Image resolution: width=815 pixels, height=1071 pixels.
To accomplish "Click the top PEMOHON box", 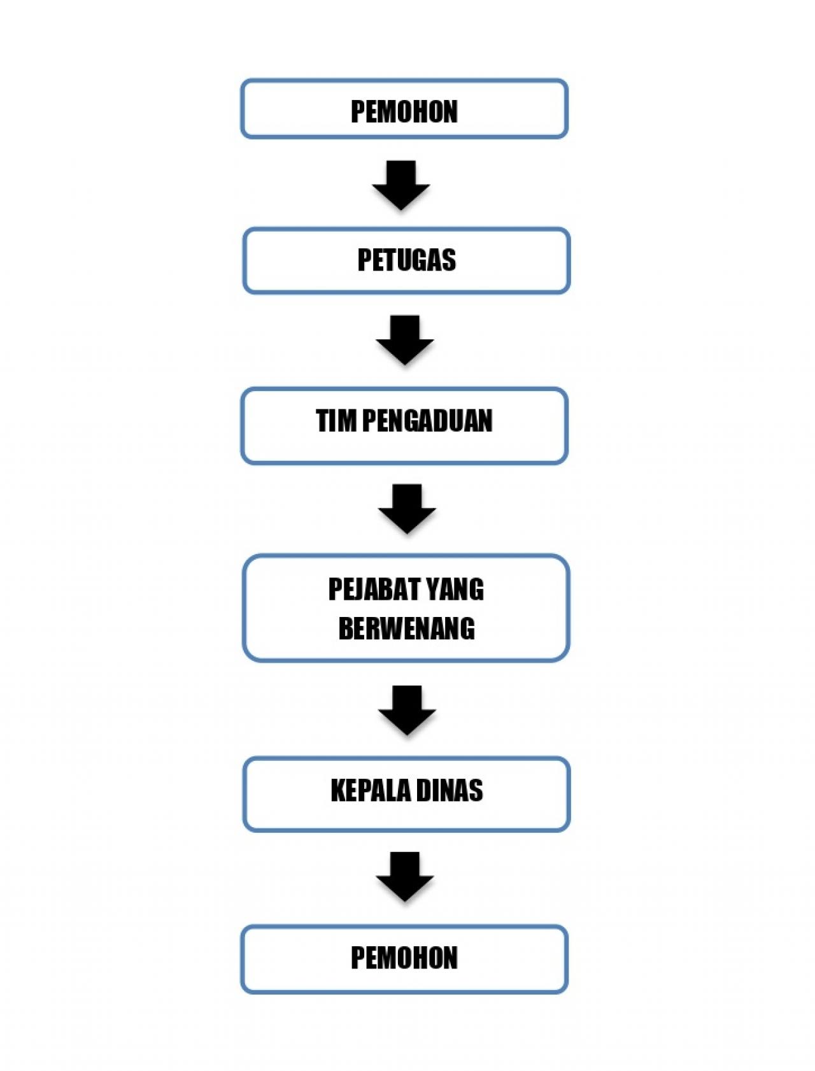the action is pyautogui.click(x=404, y=108).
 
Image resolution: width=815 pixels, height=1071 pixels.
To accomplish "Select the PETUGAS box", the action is pyautogui.click(x=406, y=260).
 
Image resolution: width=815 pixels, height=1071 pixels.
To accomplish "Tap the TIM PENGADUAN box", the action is pyautogui.click(x=404, y=425).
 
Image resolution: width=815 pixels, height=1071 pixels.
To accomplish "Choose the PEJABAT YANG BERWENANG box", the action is pyautogui.click(x=406, y=608).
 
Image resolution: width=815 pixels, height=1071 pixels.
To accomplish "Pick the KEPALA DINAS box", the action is pyautogui.click(x=406, y=794).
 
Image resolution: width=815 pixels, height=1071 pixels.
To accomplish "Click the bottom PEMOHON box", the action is pyautogui.click(x=404, y=959).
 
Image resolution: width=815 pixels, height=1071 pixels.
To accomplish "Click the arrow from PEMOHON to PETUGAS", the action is pyautogui.click(x=401, y=185).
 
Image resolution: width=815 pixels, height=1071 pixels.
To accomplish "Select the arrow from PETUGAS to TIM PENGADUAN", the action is pyautogui.click(x=405, y=340).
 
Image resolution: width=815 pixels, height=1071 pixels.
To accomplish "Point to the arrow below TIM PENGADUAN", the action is pyautogui.click(x=407, y=509).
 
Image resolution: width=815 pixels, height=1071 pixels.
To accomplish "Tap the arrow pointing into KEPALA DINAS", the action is pyautogui.click(x=407, y=711).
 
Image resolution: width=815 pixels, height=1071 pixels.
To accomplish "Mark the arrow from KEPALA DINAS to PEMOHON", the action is pyautogui.click(x=405, y=877).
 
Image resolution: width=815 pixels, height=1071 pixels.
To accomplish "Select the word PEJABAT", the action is pyautogui.click(x=374, y=589).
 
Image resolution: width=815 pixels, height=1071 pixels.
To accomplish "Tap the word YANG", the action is pyautogui.click(x=455, y=589).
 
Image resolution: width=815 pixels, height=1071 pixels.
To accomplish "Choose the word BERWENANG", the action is pyautogui.click(x=406, y=628).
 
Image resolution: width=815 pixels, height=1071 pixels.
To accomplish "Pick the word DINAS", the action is pyautogui.click(x=450, y=790).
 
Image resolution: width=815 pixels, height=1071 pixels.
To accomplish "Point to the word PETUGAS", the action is pyautogui.click(x=406, y=260).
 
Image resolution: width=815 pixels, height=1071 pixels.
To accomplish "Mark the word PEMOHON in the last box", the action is pyautogui.click(x=404, y=958).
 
